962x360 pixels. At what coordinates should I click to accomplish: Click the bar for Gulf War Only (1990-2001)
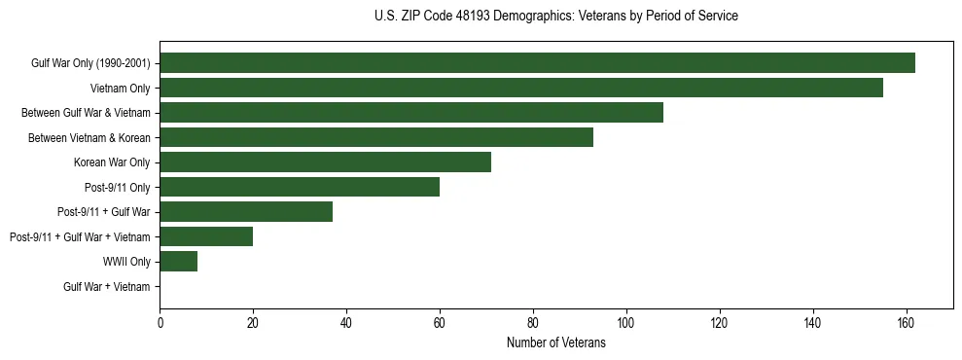[x=537, y=63]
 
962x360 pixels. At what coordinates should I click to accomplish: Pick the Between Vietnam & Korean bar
[x=376, y=137]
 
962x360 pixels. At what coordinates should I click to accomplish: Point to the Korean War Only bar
[x=325, y=162]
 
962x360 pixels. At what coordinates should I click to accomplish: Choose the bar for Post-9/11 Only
[x=300, y=187]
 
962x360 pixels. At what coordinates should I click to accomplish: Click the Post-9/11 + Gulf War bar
[x=246, y=212]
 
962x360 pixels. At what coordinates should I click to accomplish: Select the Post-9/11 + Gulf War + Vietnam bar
[x=206, y=236]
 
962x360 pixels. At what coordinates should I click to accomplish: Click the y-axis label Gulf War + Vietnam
[x=107, y=286]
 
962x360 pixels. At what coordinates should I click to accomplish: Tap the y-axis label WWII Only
[x=126, y=262]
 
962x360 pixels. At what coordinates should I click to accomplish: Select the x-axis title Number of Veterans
[x=555, y=342]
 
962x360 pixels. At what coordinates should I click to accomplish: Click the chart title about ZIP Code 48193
[x=555, y=17]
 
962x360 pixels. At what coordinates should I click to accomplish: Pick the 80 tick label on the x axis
[x=533, y=322]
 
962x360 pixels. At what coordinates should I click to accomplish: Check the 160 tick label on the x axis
[x=906, y=322]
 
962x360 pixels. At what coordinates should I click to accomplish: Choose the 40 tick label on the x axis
[x=346, y=322]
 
